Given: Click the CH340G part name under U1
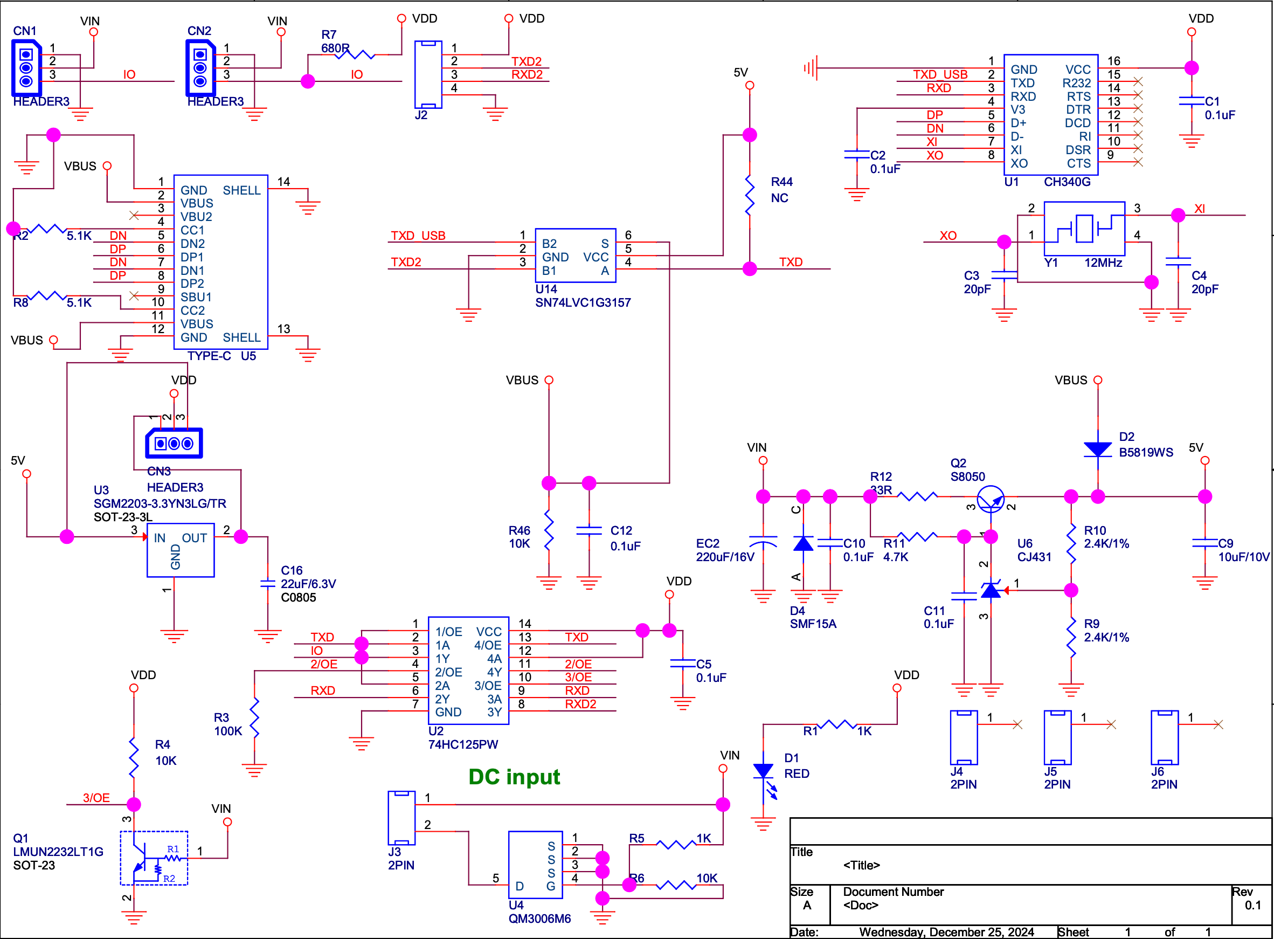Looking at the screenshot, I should point(1067,182).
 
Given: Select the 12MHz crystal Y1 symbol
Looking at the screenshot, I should point(1084,229).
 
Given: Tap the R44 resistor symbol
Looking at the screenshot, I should point(750,195).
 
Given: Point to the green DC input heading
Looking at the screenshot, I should point(514,776).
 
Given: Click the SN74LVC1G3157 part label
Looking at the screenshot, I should point(583,302).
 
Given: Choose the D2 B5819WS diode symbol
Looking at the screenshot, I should point(1097,450).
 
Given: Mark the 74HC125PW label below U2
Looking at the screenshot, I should point(462,744).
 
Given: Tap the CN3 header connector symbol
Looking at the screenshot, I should point(174,443).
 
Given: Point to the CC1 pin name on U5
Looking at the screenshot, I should point(192,230).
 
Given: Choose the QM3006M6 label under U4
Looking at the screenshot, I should point(539,919).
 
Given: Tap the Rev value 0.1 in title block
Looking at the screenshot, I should point(1252,905).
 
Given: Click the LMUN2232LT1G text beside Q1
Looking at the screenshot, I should point(58,852).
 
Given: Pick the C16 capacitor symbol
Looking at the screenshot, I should point(267,584).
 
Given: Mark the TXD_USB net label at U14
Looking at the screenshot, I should point(418,236).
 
